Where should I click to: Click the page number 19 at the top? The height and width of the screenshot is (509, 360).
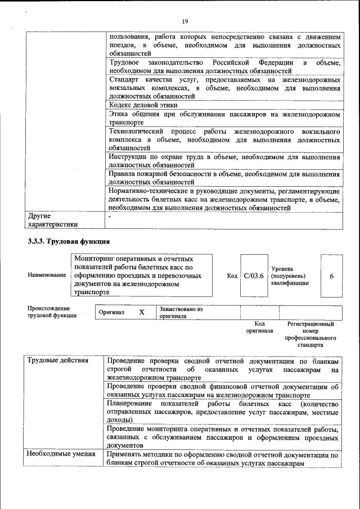[184, 21]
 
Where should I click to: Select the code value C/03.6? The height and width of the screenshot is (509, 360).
[254, 276]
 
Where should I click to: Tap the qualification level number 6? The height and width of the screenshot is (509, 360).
[332, 276]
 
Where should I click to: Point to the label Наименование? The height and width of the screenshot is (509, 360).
[46, 275]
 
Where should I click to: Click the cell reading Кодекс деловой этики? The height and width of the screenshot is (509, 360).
[143, 105]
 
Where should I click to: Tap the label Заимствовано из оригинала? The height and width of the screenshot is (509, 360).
[181, 312]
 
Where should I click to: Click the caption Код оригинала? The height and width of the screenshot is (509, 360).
[259, 327]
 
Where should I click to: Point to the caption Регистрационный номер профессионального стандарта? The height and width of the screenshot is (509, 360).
[310, 334]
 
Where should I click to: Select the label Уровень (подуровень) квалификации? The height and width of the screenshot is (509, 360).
[290, 276]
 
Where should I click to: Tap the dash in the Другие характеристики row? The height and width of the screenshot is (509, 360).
[110, 215]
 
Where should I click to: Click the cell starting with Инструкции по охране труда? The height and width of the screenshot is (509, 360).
[224, 161]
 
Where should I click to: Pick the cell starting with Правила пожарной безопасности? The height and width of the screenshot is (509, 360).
[224, 178]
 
